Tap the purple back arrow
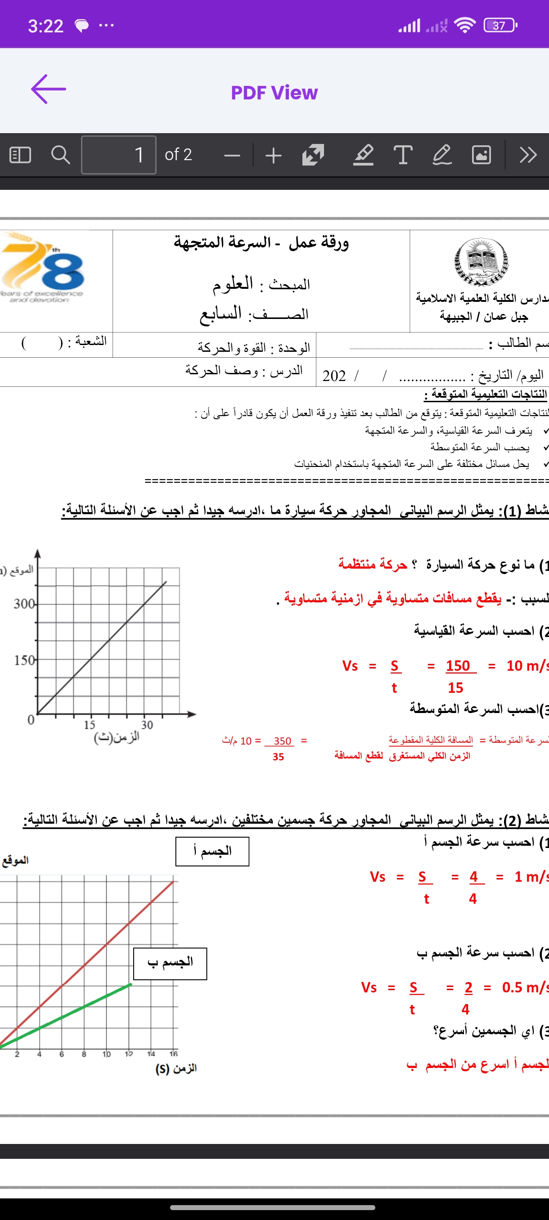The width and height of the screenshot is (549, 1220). coord(48,89)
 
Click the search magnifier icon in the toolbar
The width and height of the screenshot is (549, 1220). coord(60,155)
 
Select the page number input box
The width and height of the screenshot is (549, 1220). coord(118,155)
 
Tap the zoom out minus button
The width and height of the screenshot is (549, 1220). coord(232,155)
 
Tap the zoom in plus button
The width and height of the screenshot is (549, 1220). coord(273,155)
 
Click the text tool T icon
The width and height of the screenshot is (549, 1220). coord(403,155)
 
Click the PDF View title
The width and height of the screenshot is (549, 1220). coord(274,93)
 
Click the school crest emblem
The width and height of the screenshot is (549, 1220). coord(481,261)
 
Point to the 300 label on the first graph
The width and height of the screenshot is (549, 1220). coord(24,604)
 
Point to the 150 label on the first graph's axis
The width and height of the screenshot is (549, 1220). coord(24,660)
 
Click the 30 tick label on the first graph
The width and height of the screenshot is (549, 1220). coord(147,725)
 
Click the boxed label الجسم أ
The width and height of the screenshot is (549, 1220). coord(212,851)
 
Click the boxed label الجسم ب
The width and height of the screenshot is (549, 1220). coord(170,963)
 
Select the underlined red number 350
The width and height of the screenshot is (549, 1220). coord(282,741)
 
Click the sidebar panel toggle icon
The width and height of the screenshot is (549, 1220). coord(20,155)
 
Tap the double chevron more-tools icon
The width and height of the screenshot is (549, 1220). coord(528,155)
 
